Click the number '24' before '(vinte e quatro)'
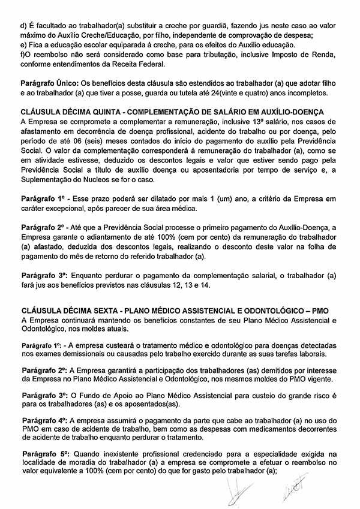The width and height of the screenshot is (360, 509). (x=211, y=92)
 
